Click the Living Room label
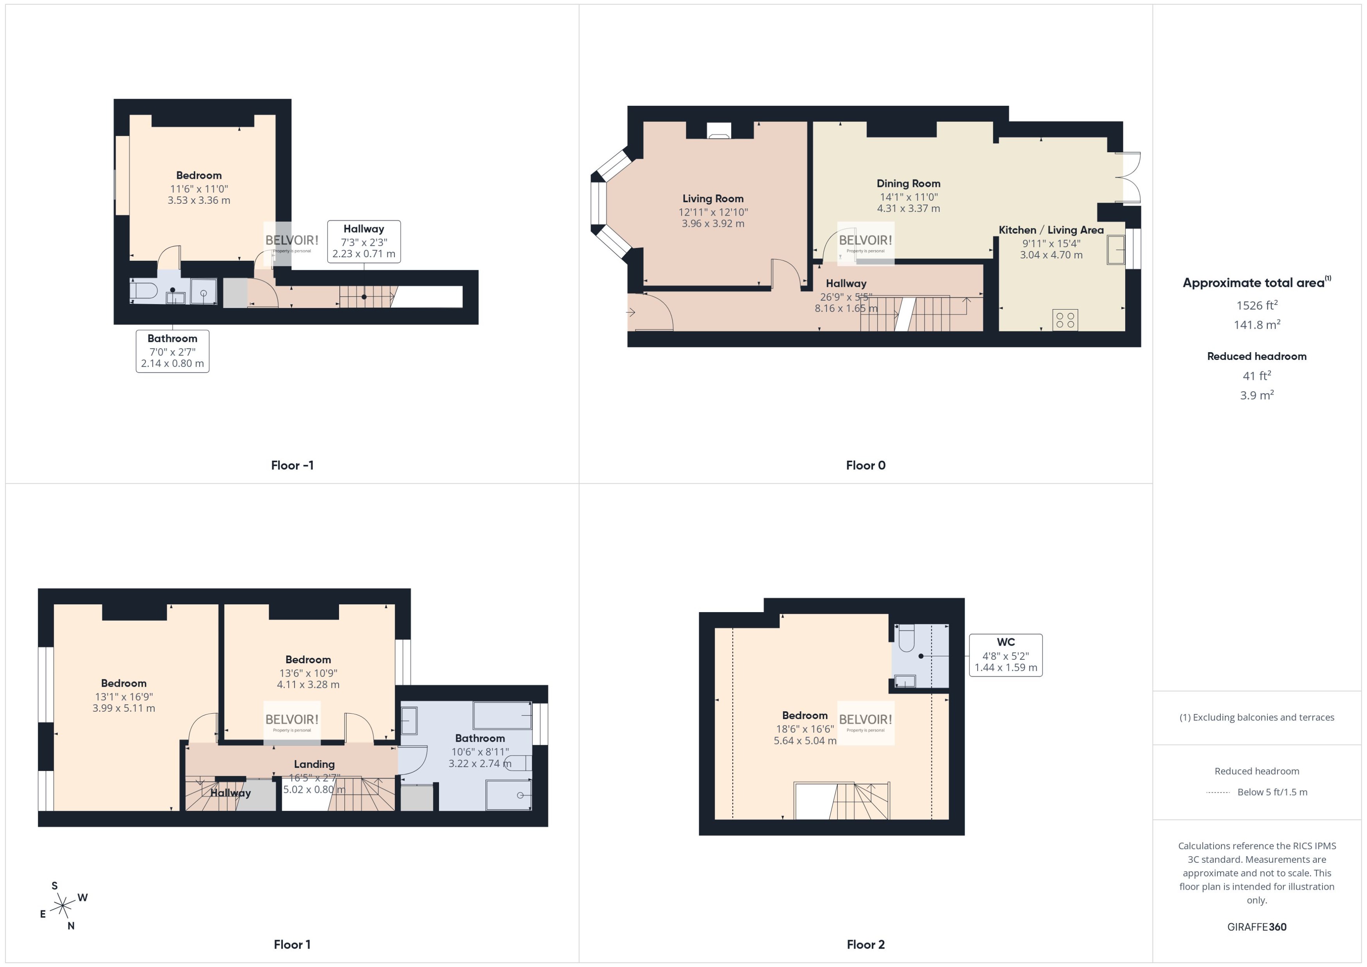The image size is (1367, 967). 712,198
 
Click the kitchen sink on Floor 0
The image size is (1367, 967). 1115,249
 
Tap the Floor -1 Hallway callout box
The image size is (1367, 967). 363,241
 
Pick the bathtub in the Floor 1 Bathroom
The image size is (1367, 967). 501,715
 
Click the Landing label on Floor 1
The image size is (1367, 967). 314,764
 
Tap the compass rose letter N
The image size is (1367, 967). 71,926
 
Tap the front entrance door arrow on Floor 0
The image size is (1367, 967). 631,312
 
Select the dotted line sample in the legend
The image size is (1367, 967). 1217,792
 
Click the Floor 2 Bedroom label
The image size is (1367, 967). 804,715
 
